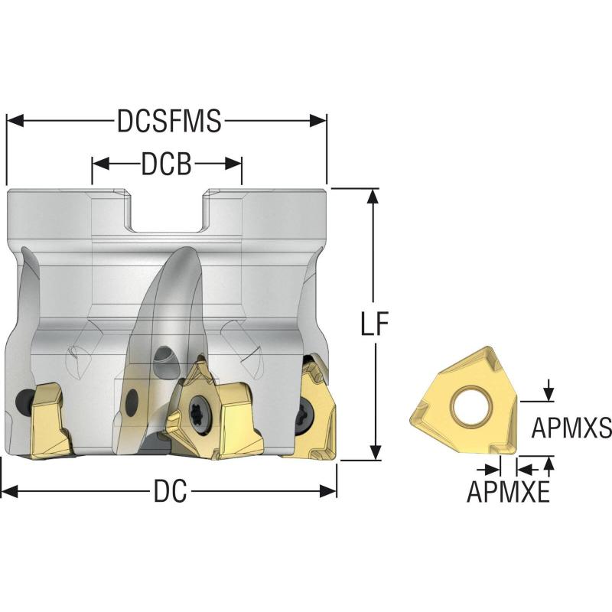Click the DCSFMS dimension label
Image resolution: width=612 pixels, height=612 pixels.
[x=169, y=121]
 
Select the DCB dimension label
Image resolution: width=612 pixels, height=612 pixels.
[x=167, y=164]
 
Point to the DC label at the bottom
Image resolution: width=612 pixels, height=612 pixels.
[x=171, y=491]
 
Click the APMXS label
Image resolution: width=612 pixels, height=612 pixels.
[x=571, y=427]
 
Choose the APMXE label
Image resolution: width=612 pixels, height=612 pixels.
[x=508, y=491]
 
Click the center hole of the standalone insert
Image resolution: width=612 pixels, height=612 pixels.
[x=470, y=406]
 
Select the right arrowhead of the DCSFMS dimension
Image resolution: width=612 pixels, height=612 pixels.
[x=317, y=121]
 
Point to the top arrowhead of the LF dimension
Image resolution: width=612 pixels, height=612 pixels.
[x=374, y=197]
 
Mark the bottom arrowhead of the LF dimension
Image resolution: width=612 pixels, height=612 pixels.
[x=375, y=451]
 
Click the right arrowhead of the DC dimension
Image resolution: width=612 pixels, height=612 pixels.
[x=328, y=491]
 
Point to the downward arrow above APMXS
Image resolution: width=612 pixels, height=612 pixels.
[x=549, y=390]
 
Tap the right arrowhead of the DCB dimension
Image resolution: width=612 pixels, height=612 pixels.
[x=233, y=164]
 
